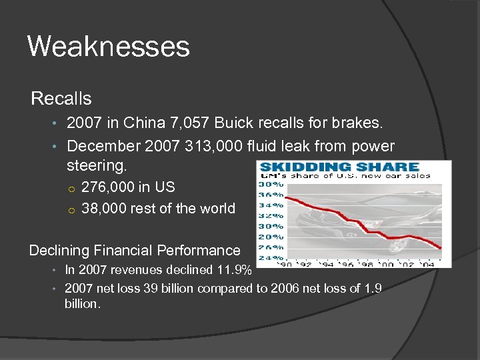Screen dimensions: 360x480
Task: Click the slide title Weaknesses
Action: (109, 47)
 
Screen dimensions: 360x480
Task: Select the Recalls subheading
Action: (61, 99)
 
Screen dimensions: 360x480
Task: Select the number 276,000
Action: (107, 187)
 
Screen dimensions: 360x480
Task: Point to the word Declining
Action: (61, 251)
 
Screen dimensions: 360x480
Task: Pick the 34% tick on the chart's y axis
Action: (271, 205)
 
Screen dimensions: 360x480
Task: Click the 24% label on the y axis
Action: (271, 257)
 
